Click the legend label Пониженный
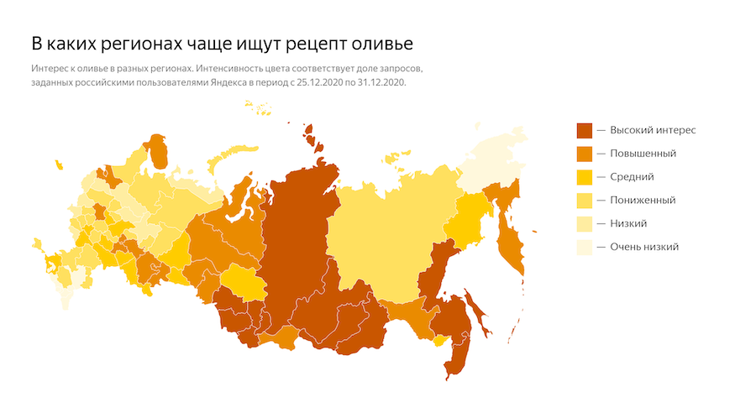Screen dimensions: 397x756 (x=643, y=200)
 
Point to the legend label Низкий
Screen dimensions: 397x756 (x=628, y=223)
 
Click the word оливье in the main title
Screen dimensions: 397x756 (x=386, y=42)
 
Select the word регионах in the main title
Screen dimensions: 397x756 (x=126, y=42)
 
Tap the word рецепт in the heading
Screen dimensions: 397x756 (x=312, y=42)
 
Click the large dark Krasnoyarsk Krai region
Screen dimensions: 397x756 (x=298, y=235)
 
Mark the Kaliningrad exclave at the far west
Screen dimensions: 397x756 (x=37, y=246)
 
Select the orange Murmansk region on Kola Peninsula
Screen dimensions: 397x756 (x=158, y=151)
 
